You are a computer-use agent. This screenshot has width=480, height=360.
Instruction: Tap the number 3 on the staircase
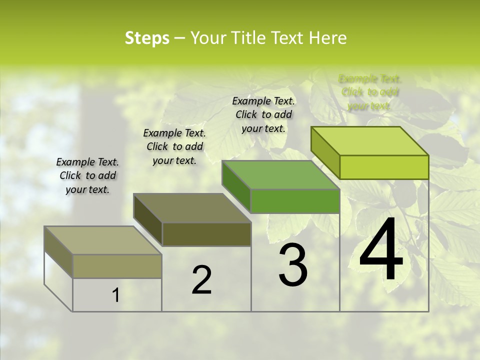click(293, 265)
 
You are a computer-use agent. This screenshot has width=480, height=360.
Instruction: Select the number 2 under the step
click(201, 280)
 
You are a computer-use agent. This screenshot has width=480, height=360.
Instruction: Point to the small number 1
click(115, 295)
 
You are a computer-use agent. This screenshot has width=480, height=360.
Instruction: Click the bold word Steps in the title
click(147, 38)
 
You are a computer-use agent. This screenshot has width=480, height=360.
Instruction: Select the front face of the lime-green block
click(384, 167)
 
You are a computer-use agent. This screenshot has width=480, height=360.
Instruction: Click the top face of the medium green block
click(281, 175)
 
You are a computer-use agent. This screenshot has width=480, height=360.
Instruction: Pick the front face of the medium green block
click(295, 201)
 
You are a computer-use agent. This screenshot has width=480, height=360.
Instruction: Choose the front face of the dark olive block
click(206, 234)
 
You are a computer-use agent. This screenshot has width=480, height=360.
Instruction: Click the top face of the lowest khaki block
click(103, 240)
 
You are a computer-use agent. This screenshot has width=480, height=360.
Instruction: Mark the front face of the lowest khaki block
click(117, 266)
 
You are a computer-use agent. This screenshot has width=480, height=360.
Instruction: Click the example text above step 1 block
click(87, 175)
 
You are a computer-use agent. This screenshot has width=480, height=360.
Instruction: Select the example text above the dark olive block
click(174, 146)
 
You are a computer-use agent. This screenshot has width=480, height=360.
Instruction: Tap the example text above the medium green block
click(263, 114)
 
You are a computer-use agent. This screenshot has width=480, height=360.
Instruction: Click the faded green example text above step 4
click(370, 92)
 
